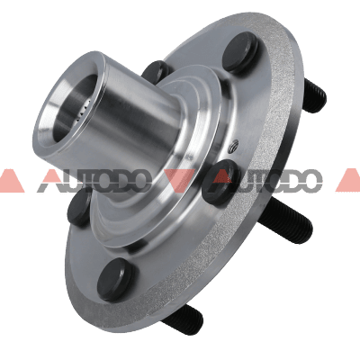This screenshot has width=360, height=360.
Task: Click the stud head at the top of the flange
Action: (240, 52)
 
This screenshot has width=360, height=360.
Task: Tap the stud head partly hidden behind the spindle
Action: (157, 72)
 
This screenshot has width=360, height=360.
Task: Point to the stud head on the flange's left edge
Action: (79, 207)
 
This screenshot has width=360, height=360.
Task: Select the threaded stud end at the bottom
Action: (182, 318)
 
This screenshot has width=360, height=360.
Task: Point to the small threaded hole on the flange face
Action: (234, 148)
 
